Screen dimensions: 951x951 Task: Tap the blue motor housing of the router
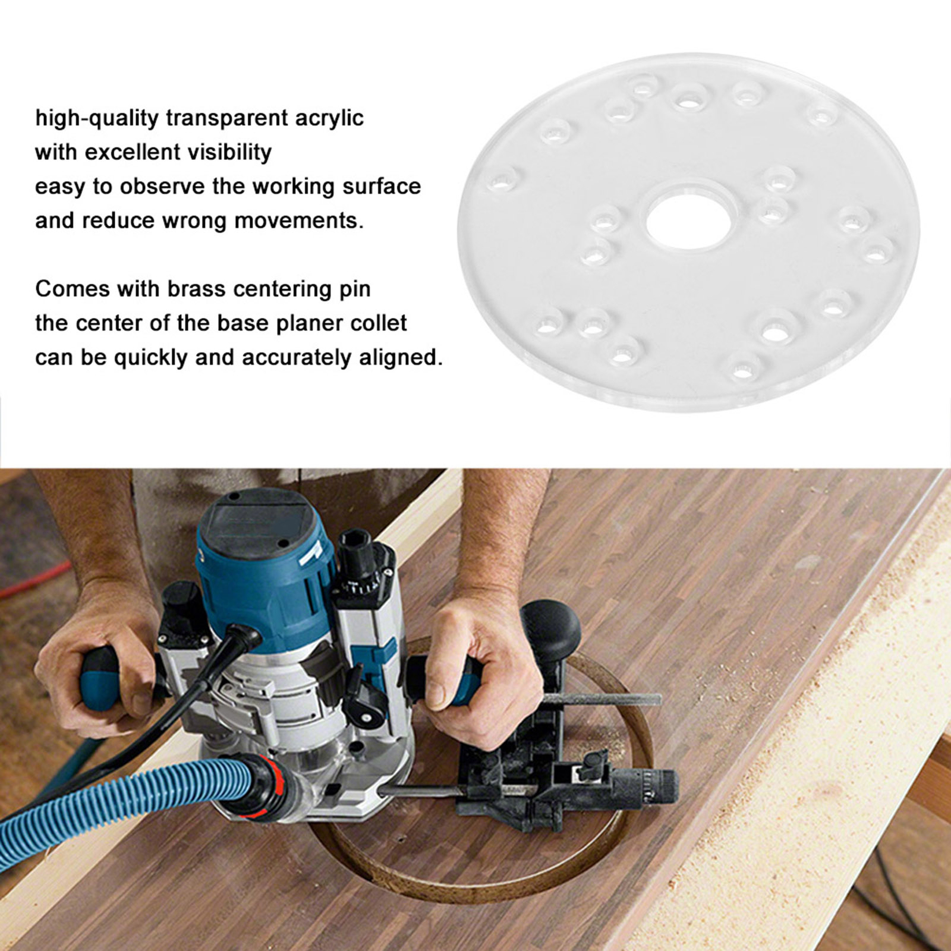tap(262, 588)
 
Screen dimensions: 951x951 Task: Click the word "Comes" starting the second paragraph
tap(72, 289)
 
